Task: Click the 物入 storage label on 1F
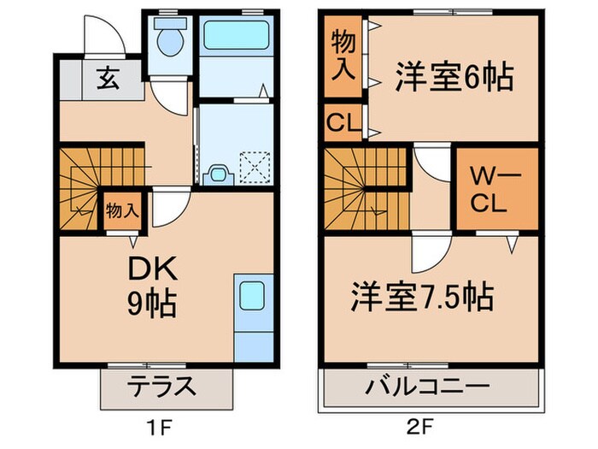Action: pyautogui.click(x=120, y=210)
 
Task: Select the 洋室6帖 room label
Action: pyautogui.click(x=453, y=79)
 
